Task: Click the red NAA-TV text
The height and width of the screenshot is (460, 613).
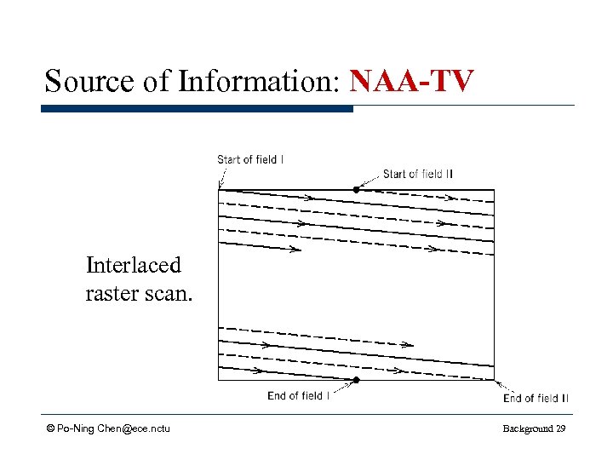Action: pyautogui.click(x=411, y=81)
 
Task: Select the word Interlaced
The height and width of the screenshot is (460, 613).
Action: pyautogui.click(x=134, y=265)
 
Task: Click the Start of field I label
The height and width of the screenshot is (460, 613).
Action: pyautogui.click(x=250, y=159)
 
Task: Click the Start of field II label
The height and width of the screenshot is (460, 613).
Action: pyautogui.click(x=418, y=174)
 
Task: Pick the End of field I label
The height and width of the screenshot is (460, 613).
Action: pyautogui.click(x=298, y=395)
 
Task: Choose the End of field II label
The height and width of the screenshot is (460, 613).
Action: pyautogui.click(x=536, y=398)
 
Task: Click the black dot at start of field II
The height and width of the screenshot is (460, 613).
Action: pyautogui.click(x=357, y=189)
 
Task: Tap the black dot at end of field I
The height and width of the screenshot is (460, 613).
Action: pyautogui.click(x=357, y=380)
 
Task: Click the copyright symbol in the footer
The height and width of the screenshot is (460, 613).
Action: pyautogui.click(x=51, y=428)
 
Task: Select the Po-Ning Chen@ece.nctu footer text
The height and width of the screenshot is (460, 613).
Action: pyautogui.click(x=113, y=428)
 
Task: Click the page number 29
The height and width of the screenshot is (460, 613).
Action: pyautogui.click(x=560, y=428)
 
